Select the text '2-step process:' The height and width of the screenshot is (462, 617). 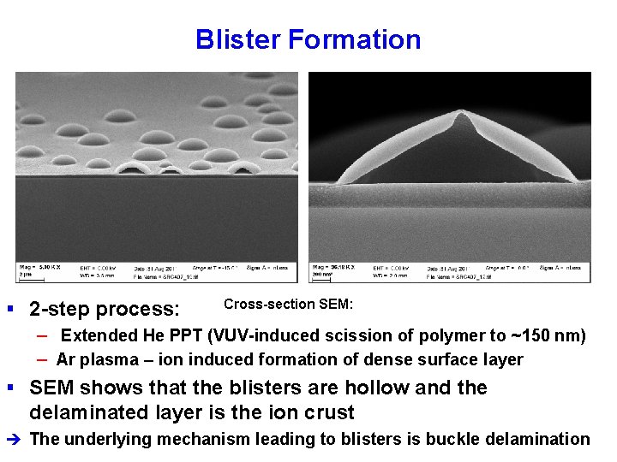pos(105,309)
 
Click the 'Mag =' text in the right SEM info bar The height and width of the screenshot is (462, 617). pos(321,268)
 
